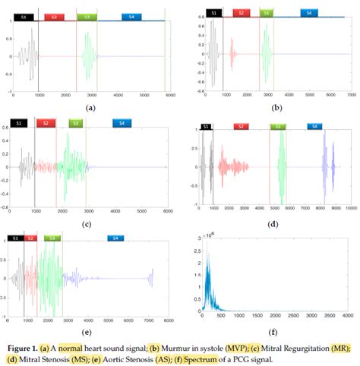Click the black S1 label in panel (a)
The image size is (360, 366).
click(x=23, y=15)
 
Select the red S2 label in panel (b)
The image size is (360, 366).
click(x=241, y=13)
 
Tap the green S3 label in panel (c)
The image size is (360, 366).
click(x=74, y=123)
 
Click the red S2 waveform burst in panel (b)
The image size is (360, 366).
click(x=233, y=55)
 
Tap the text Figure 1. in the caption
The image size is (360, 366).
click(x=24, y=347)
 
